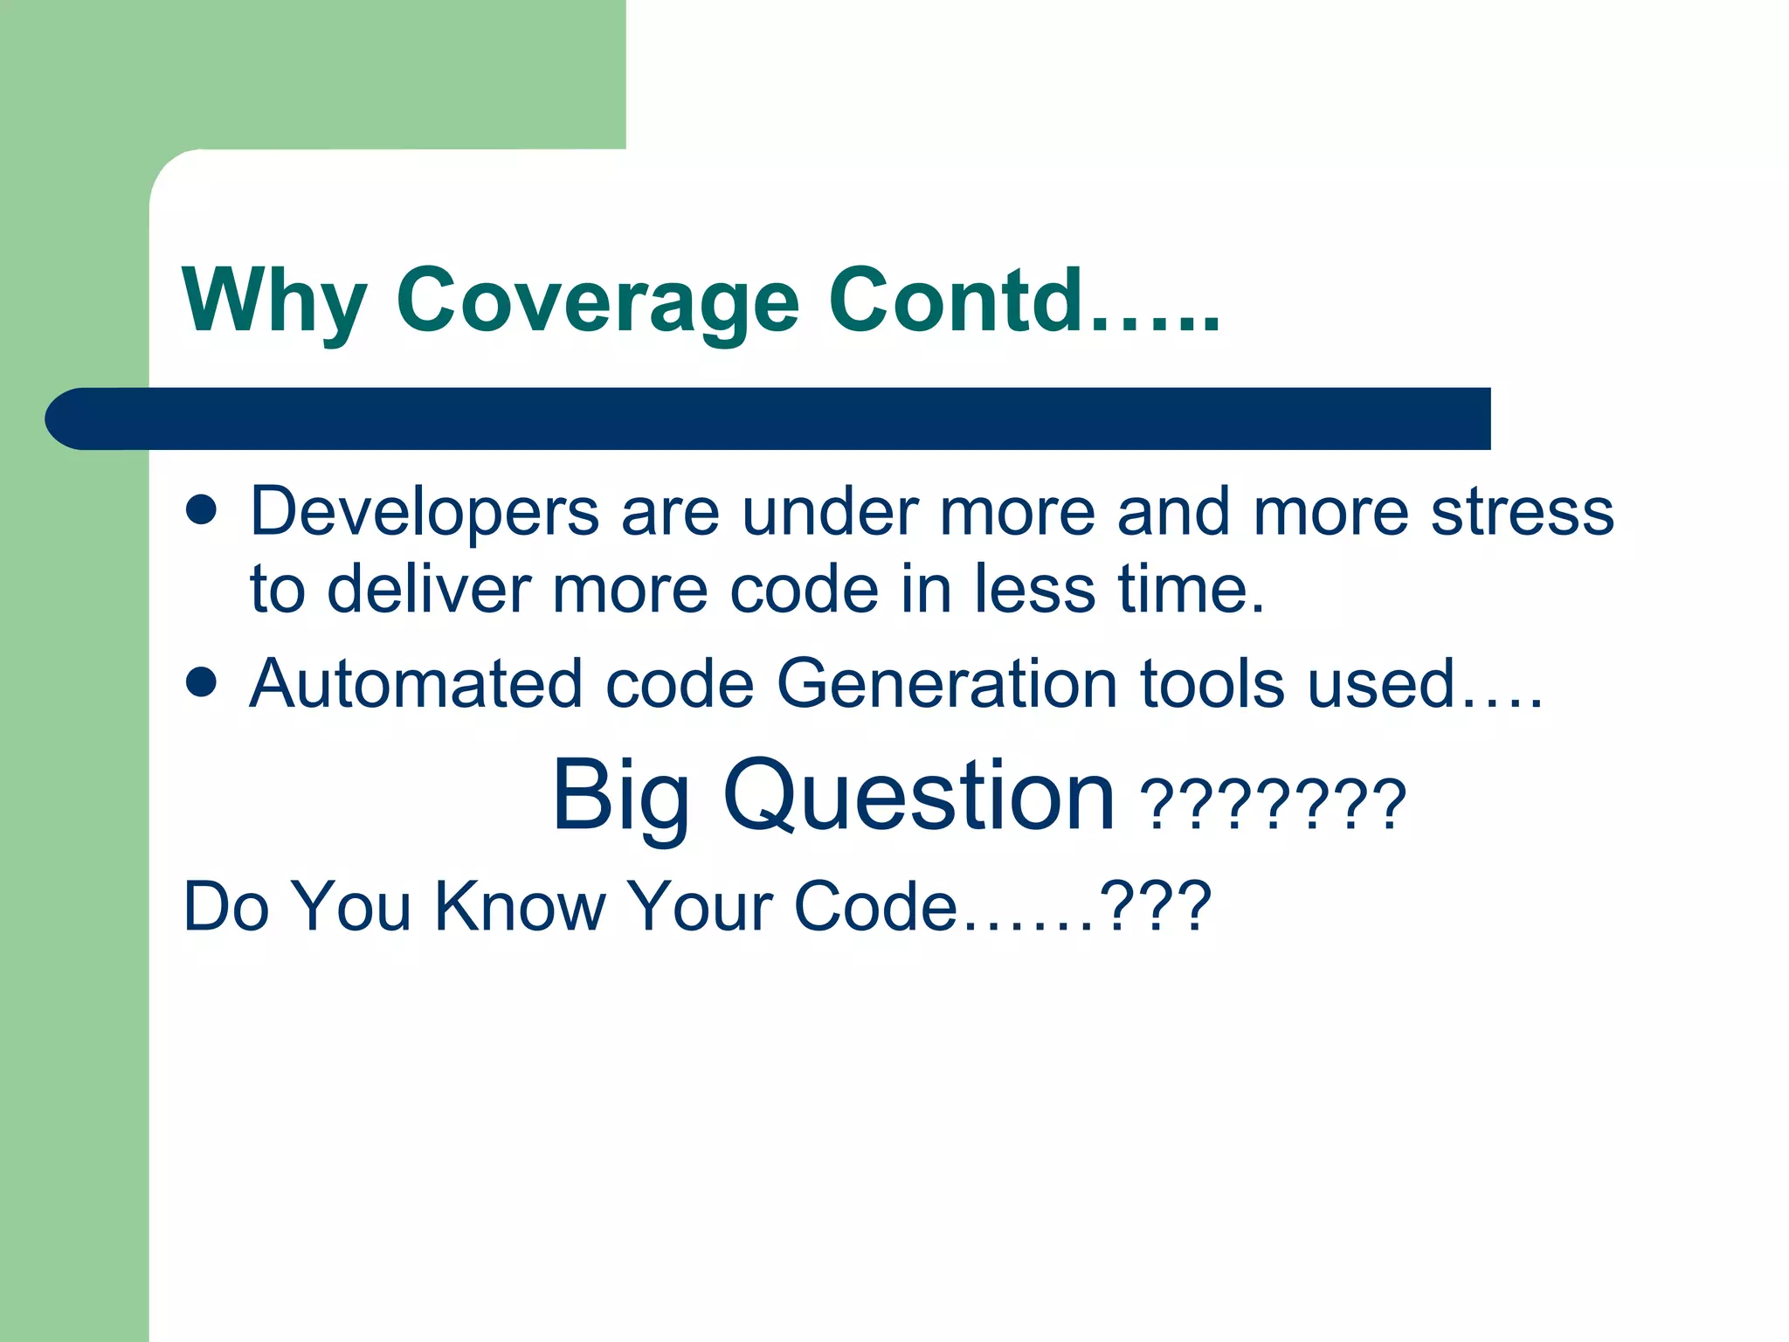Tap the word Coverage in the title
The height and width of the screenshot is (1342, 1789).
click(x=597, y=301)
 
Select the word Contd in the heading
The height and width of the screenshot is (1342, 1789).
click(x=957, y=300)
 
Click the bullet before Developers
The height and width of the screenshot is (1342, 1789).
click(x=201, y=511)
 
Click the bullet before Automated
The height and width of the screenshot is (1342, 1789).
click(x=201, y=683)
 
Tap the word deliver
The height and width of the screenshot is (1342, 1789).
click(x=429, y=590)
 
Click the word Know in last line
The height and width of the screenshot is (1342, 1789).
click(x=521, y=907)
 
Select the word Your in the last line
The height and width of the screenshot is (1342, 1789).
click(x=699, y=907)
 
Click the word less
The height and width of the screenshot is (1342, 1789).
click(x=1034, y=590)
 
